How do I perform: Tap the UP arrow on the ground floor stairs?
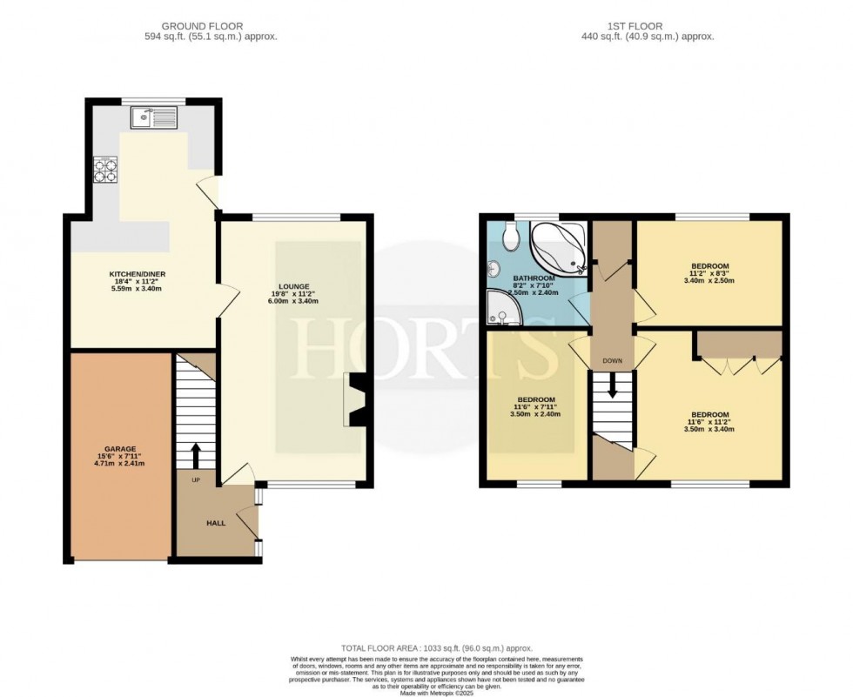coord(195,453)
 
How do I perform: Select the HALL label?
coord(216,523)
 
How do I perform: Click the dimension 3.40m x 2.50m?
coord(709,281)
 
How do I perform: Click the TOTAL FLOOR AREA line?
coord(436,648)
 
